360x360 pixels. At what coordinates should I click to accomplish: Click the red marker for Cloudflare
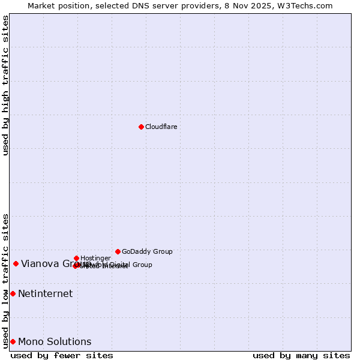[141, 127]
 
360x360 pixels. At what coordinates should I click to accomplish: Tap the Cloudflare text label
[161, 127]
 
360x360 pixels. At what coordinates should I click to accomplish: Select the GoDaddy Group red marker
[118, 251]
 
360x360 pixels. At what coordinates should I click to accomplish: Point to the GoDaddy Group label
[147, 251]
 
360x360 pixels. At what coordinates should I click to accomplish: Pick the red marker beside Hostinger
[76, 258]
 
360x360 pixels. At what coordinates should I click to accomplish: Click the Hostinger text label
[95, 258]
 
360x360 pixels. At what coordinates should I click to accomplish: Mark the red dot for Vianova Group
[16, 263]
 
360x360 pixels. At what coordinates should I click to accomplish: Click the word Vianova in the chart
[39, 263]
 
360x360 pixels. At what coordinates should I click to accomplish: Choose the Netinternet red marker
[13, 293]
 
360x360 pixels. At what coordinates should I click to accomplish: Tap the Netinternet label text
[45, 293]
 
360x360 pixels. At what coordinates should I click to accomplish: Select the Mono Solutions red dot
[13, 341]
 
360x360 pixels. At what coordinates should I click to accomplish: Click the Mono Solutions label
[55, 341]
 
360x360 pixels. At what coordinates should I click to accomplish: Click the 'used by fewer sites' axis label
[62, 355]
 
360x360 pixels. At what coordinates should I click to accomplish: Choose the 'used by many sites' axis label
[301, 355]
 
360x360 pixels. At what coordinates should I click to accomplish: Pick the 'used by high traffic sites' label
[5, 85]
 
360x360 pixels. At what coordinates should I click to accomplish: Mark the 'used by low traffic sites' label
[5, 280]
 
